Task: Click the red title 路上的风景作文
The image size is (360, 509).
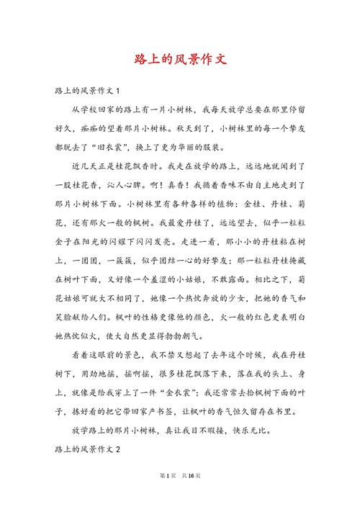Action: tap(180, 60)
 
